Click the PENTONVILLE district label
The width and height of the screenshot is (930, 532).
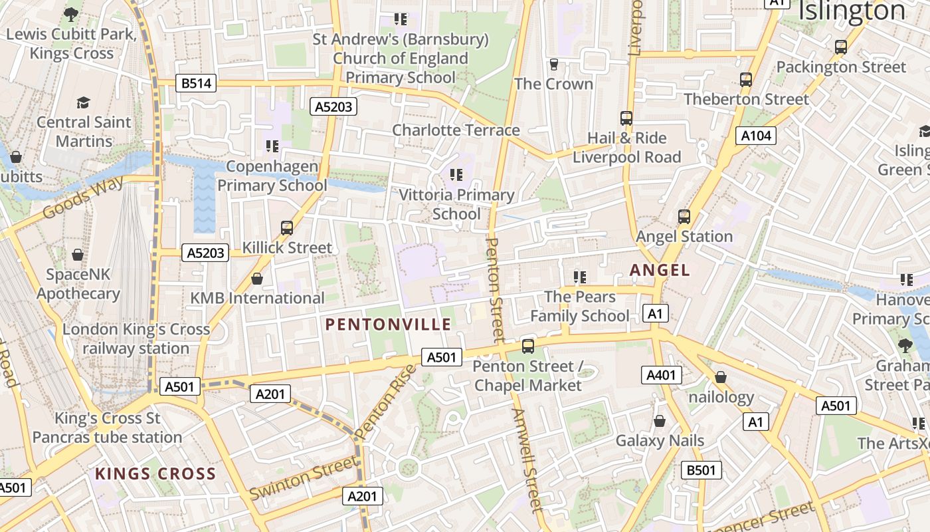388,325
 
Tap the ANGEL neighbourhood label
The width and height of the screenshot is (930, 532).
660,270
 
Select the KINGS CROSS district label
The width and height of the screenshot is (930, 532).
155,473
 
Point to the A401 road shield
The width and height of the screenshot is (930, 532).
661,375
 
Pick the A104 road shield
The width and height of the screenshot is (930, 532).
756,136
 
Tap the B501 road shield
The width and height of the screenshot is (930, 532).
701,470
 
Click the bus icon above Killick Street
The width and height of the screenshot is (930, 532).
287,228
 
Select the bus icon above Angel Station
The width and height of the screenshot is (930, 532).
684,217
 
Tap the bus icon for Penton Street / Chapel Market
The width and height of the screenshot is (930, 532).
528,346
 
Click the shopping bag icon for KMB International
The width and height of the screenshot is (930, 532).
257,279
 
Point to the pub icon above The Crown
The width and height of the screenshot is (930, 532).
553,65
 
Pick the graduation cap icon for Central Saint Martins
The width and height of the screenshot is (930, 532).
83,102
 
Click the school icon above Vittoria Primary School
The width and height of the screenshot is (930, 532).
456,175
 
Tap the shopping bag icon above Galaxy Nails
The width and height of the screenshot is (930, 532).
659,421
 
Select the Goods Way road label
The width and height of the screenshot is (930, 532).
84,198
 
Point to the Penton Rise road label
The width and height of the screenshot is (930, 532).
385,402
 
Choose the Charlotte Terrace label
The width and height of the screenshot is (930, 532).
456,130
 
